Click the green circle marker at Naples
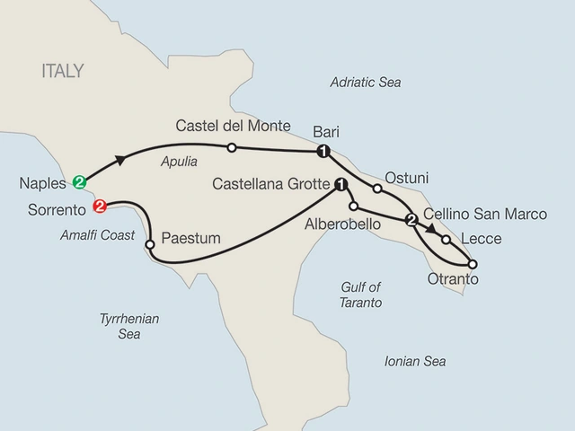pyautogui.click(x=80, y=182)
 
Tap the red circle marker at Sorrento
pyautogui.click(x=99, y=207)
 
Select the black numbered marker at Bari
pyautogui.click(x=323, y=151)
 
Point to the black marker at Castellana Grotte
pyautogui.click(x=341, y=185)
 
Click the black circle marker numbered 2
pyautogui.click(x=411, y=221)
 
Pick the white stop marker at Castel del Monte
pyautogui.click(x=231, y=147)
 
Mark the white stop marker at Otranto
pyautogui.click(x=473, y=264)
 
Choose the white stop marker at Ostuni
pyautogui.click(x=377, y=189)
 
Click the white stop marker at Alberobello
pyautogui.click(x=354, y=207)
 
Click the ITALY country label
pyautogui.click(x=62, y=71)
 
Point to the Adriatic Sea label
pyautogui.click(x=365, y=83)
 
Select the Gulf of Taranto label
pyautogui.click(x=361, y=295)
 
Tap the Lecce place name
pyautogui.click(x=480, y=240)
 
